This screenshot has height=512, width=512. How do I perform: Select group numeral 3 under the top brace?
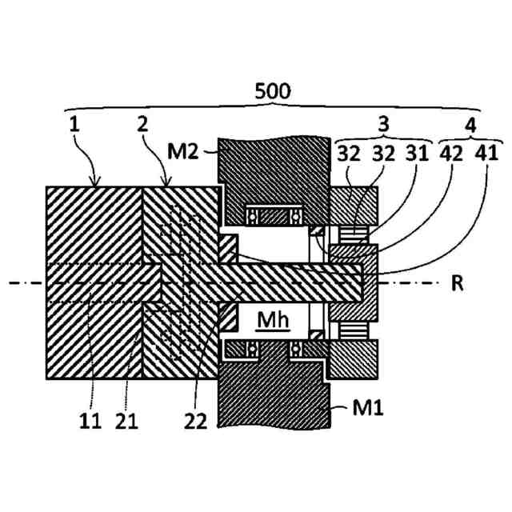383,124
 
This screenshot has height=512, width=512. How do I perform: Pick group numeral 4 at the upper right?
470,124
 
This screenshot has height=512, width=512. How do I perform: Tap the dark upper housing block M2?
272,172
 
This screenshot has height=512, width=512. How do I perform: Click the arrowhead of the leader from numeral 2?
166,185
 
